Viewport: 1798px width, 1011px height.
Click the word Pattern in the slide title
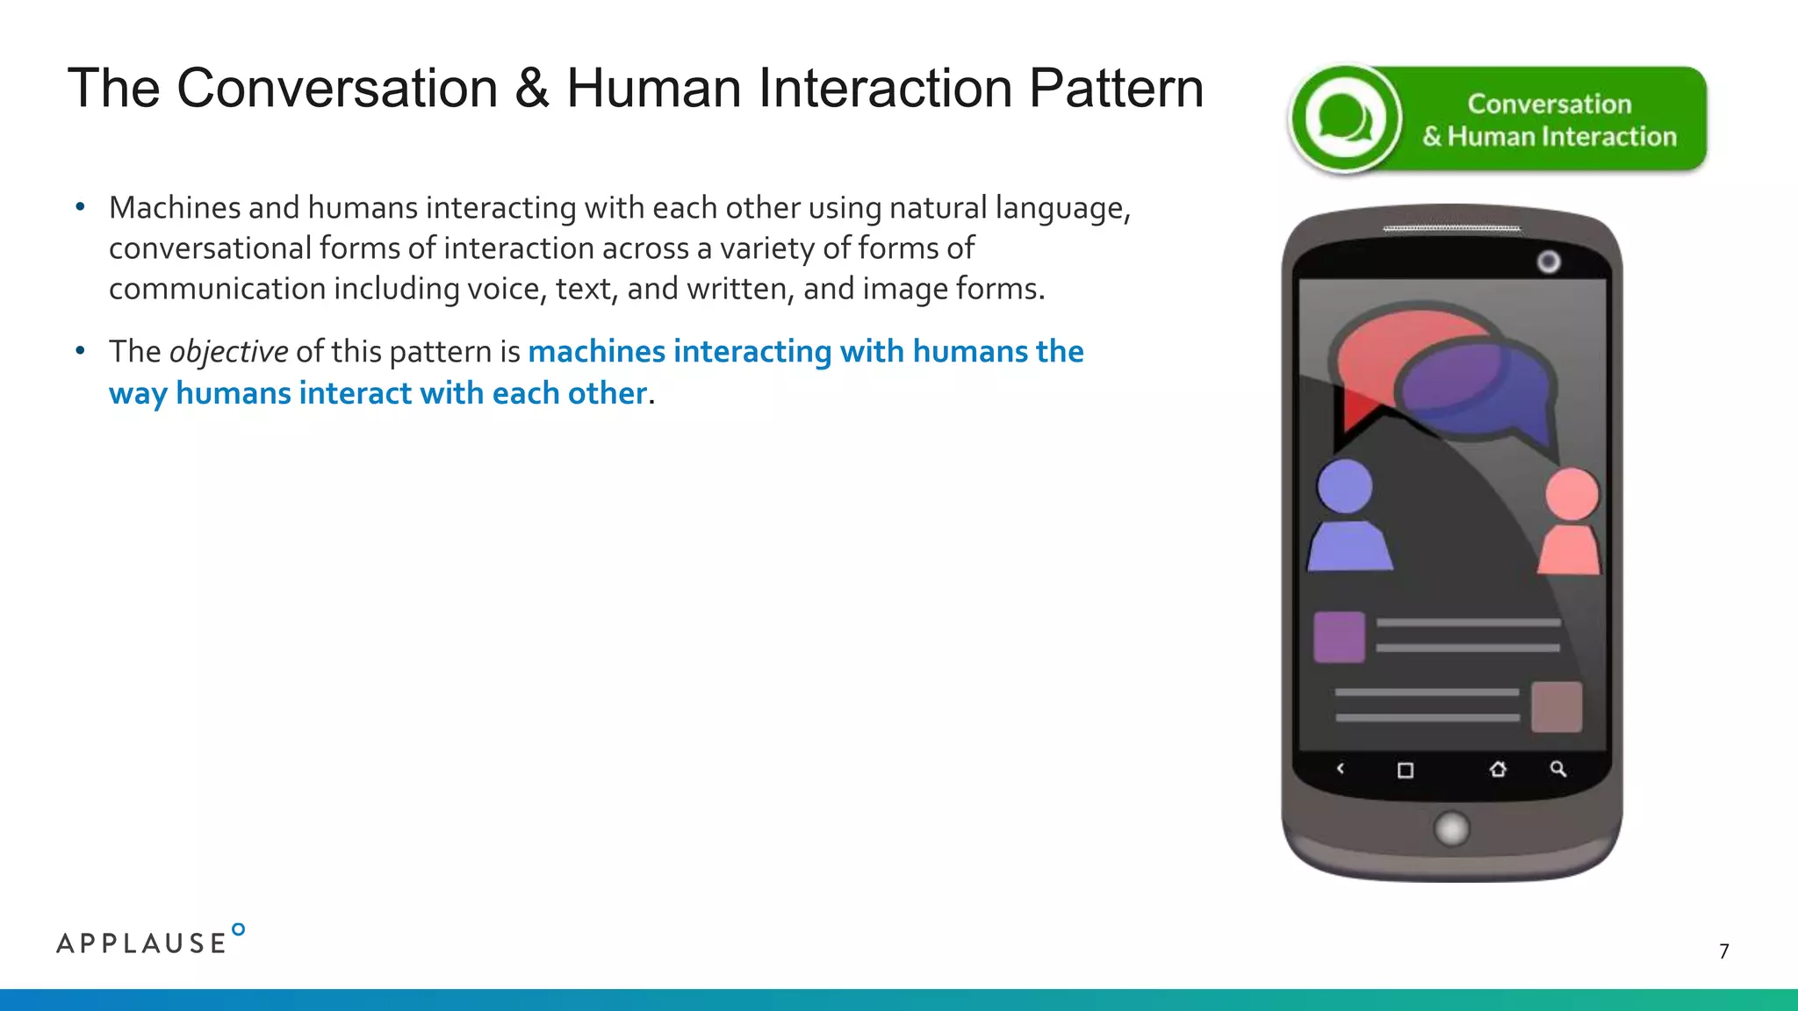point(1116,89)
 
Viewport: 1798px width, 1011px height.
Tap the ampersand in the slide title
point(531,89)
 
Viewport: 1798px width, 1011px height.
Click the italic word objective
point(228,352)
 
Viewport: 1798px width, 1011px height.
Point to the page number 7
point(1724,951)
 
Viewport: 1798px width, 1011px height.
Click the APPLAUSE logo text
point(142,943)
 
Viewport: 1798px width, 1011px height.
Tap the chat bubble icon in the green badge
point(1343,119)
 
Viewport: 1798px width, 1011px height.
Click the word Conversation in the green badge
point(1549,104)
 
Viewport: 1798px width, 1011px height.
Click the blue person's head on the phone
point(1345,485)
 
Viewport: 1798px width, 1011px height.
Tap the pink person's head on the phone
point(1571,493)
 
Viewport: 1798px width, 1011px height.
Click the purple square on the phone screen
point(1339,636)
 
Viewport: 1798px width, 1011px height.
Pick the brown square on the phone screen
point(1557,706)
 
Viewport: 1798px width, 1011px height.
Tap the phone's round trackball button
point(1451,828)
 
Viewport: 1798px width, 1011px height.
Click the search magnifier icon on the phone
point(1558,770)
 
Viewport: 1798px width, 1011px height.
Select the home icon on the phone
point(1498,770)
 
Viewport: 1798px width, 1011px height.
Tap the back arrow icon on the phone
point(1341,770)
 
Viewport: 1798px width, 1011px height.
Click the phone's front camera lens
point(1549,262)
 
